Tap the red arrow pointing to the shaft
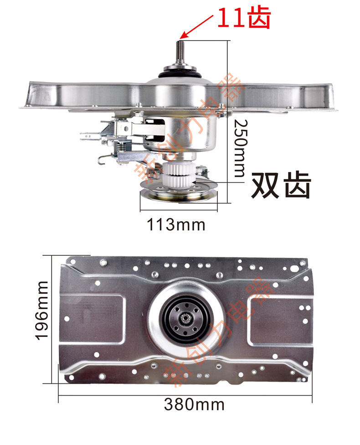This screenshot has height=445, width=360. click(196, 27)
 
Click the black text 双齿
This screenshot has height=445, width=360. click(281, 185)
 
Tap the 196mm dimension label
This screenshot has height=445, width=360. click(42, 310)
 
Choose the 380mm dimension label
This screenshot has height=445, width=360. click(194, 404)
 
